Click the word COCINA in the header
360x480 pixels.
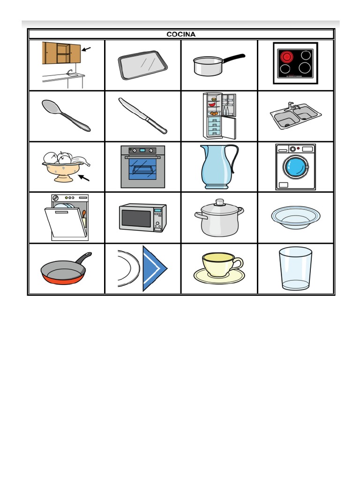(x=181, y=34)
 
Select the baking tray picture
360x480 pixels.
(x=142, y=65)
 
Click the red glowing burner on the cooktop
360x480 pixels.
(x=286, y=57)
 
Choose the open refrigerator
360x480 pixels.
(x=219, y=116)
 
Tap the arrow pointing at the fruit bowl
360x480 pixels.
(x=83, y=178)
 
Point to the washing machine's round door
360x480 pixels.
(x=295, y=167)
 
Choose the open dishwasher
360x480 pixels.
(x=68, y=218)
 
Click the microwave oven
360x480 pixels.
(x=142, y=217)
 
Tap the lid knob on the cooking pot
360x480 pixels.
(x=219, y=202)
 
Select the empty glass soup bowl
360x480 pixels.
(x=295, y=217)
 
